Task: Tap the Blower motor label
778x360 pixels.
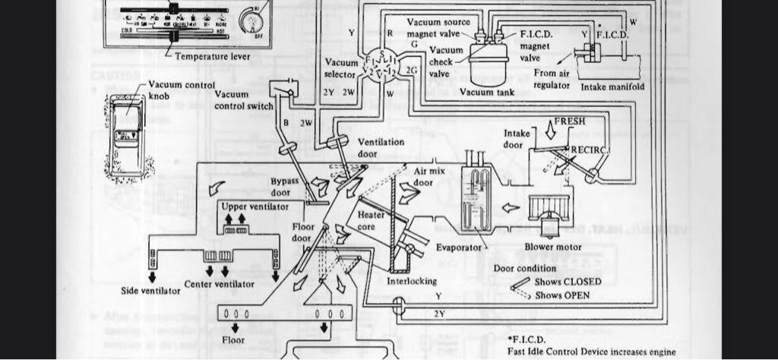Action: pos(553,247)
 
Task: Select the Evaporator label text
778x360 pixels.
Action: pos(459,248)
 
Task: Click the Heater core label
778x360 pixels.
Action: pos(372,220)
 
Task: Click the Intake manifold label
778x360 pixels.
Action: pos(612,87)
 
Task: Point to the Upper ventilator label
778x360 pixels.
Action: pos(247,207)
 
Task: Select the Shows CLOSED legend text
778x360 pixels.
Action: pos(568,282)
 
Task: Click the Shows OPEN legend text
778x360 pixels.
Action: pos(562,295)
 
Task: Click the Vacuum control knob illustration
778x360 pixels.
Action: pos(126,137)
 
